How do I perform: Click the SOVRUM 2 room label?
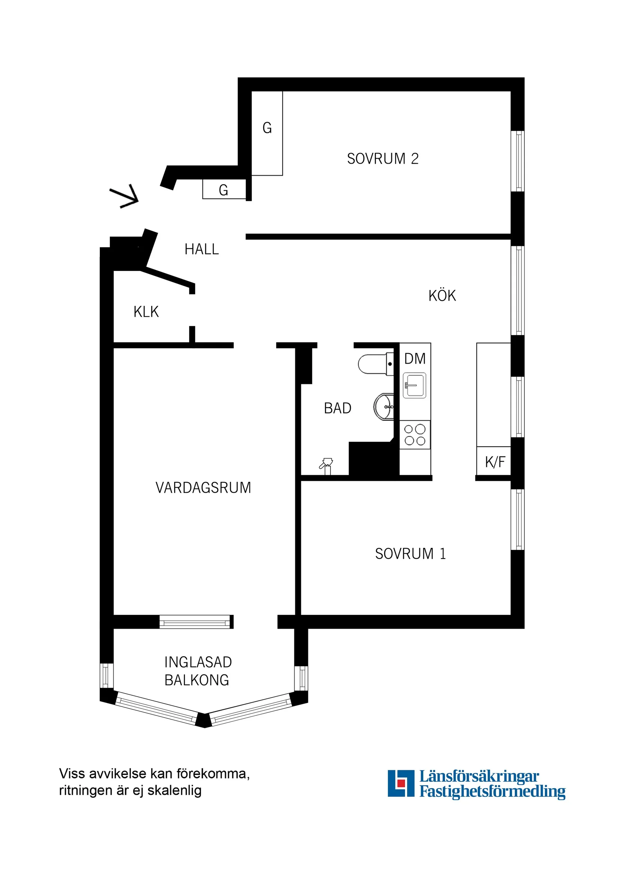click(383, 159)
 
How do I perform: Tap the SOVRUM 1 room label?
click(410, 554)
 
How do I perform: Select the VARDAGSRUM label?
click(203, 488)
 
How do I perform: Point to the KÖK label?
click(442, 296)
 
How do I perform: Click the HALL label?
click(202, 249)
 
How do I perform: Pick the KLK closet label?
click(146, 312)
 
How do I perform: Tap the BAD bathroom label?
click(338, 408)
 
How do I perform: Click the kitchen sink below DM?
click(415, 385)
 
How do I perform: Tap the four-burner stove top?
click(415, 435)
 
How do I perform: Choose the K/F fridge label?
click(495, 462)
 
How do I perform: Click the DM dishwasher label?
click(415, 359)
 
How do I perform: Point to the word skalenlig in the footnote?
click(174, 790)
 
